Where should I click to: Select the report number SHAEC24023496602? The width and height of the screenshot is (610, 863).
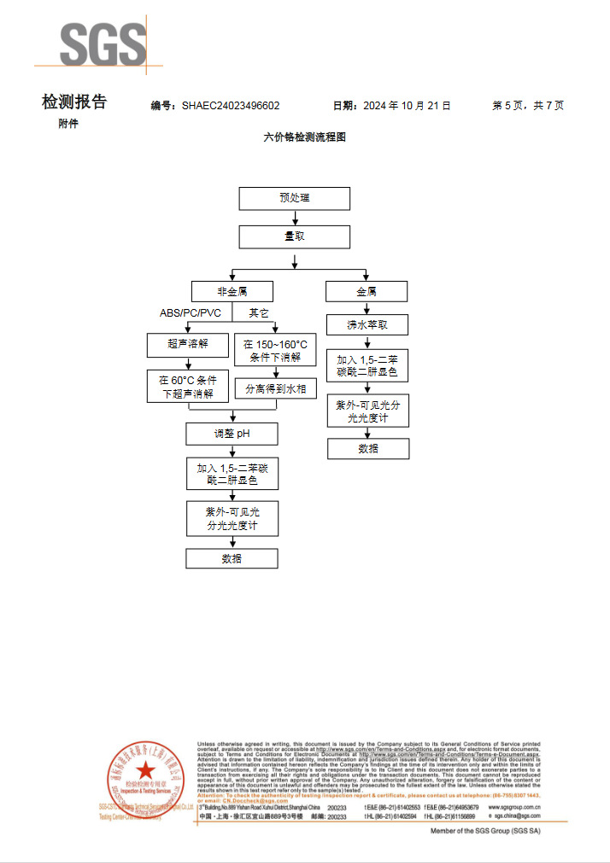point(231,106)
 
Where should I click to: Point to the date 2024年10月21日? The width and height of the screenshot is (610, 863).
point(406,106)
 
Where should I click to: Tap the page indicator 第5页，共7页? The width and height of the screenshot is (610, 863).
point(528,106)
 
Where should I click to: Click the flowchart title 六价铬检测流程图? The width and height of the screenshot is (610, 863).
point(305,137)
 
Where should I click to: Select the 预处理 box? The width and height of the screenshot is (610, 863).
point(294,198)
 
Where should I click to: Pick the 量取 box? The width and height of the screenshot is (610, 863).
point(294,236)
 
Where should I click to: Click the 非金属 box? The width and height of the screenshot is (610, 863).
point(232,291)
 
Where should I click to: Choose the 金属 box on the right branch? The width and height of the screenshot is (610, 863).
point(367,291)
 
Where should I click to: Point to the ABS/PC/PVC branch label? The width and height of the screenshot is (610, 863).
point(191,313)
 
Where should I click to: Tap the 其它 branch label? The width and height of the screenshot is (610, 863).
point(258,313)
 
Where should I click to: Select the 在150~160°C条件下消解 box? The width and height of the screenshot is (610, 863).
point(275,351)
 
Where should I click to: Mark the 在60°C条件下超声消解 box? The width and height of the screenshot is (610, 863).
point(188,387)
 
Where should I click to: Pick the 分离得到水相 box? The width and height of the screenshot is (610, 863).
point(275,389)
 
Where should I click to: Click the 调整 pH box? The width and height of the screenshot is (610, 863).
point(232,434)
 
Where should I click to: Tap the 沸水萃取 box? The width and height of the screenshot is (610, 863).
point(367,325)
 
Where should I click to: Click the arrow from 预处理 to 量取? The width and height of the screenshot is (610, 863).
point(294,218)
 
